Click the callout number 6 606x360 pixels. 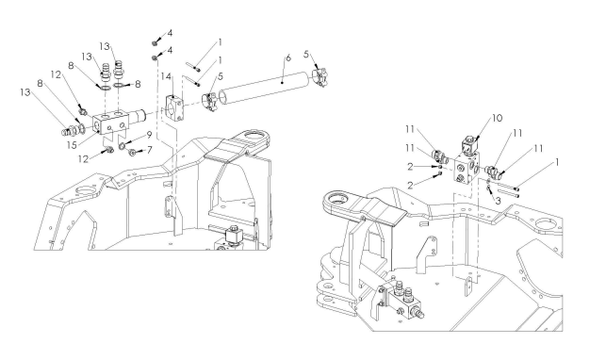pyautogui.click(x=288, y=58)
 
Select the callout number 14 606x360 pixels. pyautogui.click(x=166, y=76)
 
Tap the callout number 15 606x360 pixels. pyautogui.click(x=72, y=144)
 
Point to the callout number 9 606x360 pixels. pyautogui.click(x=148, y=135)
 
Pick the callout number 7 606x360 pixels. pyautogui.click(x=149, y=150)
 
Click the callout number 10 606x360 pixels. pyautogui.click(x=498, y=118)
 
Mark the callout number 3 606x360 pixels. pyautogui.click(x=498, y=201)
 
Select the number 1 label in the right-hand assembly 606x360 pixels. pyautogui.click(x=557, y=162)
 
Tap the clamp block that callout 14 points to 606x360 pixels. pyautogui.click(x=174, y=107)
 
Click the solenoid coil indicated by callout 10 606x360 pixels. pyautogui.click(x=468, y=145)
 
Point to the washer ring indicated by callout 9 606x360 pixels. pyautogui.click(x=123, y=146)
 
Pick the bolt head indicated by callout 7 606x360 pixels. pyautogui.click(x=132, y=153)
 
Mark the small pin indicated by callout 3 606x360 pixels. pyautogui.click(x=489, y=188)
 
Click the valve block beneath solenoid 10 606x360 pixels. pyautogui.click(x=467, y=167)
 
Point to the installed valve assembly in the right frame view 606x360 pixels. pyautogui.click(x=401, y=299)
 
